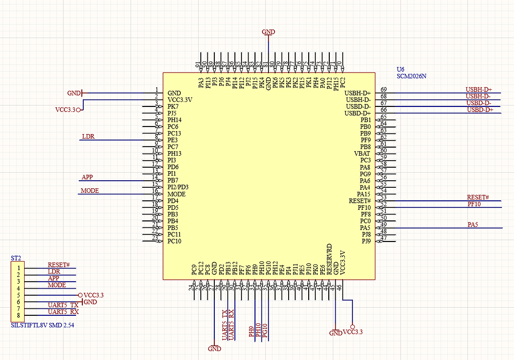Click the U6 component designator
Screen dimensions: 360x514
tap(401, 69)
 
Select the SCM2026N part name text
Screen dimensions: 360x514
tap(411, 76)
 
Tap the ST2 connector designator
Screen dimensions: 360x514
tap(16, 258)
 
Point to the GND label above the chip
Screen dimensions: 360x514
tap(269, 32)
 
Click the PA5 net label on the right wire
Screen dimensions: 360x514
tap(472, 224)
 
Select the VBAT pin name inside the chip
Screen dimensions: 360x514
tap(362, 154)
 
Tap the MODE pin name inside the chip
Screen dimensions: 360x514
tap(177, 194)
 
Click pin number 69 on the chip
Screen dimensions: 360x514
tap(383, 89)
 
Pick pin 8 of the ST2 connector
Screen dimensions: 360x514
tap(18, 315)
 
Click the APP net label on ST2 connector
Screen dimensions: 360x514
tap(53, 278)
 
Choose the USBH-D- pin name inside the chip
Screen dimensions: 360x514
tap(358, 100)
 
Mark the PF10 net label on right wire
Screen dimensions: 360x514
tap(474, 204)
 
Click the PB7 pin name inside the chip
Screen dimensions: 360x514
tap(173, 180)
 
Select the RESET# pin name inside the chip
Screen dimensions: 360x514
tap(359, 201)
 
